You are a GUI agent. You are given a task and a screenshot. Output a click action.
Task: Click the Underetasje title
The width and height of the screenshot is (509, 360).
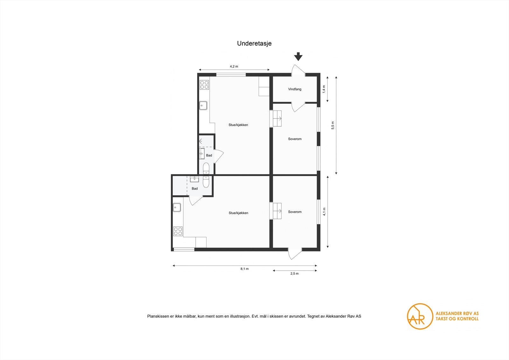tap(254, 44)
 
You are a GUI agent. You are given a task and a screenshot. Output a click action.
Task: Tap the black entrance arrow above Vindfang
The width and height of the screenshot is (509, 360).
tap(298, 57)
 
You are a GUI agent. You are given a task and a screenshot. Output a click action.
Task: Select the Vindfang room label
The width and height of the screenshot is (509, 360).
tap(295, 89)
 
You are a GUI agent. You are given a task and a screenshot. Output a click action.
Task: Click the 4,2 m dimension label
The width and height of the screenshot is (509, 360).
tap(234, 67)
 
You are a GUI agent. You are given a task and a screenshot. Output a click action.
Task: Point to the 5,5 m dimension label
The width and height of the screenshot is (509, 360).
tap(333, 125)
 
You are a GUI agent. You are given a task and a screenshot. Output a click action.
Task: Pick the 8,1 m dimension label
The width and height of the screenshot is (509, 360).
tap(244, 269)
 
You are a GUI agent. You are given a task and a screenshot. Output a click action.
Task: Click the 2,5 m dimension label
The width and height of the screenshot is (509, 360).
tap(294, 273)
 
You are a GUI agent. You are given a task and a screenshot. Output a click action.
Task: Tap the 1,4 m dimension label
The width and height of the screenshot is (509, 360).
tap(324, 89)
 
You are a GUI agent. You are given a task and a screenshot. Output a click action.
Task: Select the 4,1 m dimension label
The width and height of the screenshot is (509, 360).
tap(324, 211)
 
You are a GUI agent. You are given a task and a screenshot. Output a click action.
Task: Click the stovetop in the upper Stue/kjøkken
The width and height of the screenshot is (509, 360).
tap(204, 85)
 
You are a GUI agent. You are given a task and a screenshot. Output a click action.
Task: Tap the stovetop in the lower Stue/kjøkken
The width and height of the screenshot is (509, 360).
tap(178, 231)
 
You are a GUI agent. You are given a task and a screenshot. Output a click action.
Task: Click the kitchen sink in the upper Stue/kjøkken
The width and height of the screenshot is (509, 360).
tap(203, 105)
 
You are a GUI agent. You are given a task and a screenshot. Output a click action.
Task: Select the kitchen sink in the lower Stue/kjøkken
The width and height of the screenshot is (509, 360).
tap(177, 208)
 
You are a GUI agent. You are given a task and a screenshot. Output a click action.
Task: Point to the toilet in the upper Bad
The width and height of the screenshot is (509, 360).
tap(206, 168)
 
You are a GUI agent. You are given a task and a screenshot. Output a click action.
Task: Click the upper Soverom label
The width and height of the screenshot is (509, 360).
tap(295, 139)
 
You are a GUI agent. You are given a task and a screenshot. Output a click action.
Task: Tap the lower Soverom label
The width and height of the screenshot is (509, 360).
tap(295, 212)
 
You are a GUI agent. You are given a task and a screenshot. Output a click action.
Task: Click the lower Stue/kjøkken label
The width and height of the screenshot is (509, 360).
tap(238, 213)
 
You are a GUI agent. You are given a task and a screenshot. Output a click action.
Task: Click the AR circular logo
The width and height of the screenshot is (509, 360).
tap(420, 316)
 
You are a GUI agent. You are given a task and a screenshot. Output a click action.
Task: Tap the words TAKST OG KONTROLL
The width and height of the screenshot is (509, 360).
tap(457, 319)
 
